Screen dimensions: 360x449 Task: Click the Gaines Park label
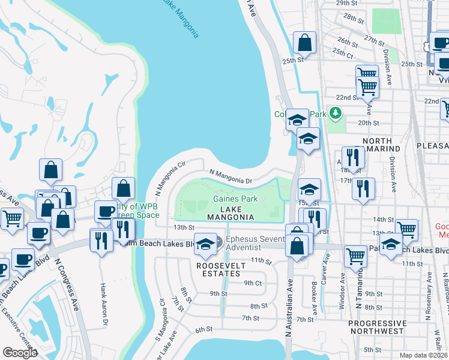point(235,199)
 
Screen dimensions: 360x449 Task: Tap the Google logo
point(20,353)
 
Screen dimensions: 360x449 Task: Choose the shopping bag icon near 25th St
point(305,43)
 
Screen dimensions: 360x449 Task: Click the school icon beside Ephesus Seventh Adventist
point(205,244)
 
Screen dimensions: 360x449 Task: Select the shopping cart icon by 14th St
point(406,230)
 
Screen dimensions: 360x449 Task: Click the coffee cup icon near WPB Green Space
point(106,212)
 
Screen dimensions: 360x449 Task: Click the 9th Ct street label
point(253,283)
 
